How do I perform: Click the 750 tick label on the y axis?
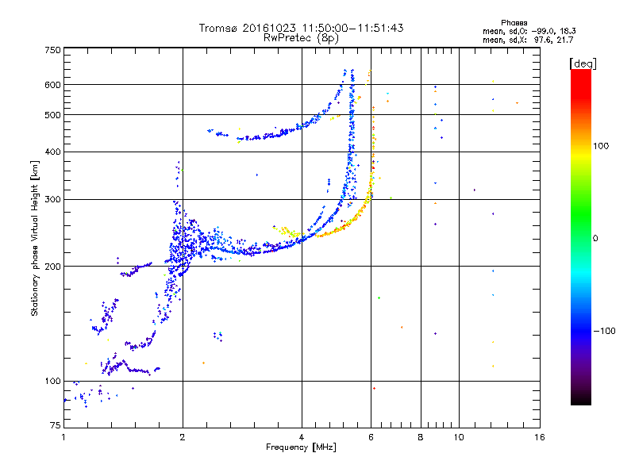(52, 50)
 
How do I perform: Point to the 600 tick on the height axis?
(52, 85)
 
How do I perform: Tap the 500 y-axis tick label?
(52, 115)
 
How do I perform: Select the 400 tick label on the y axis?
(52, 152)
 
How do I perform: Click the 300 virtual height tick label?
(52, 199)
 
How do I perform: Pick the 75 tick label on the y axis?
(55, 427)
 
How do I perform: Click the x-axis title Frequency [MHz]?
(302, 448)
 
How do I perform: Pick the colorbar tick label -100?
(605, 331)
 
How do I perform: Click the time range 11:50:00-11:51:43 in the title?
(348, 28)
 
